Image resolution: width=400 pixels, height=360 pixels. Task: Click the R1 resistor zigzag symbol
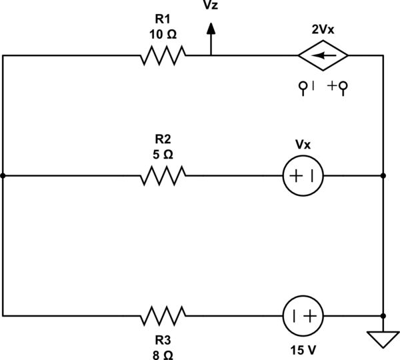click(x=163, y=56)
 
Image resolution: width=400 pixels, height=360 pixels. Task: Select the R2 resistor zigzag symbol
click(x=163, y=176)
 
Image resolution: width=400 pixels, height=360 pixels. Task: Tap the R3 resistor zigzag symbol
click(x=163, y=315)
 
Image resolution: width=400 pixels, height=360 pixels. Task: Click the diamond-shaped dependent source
click(x=323, y=56)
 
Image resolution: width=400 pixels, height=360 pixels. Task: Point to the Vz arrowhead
click(x=211, y=28)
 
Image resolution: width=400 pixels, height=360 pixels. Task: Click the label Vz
click(x=211, y=7)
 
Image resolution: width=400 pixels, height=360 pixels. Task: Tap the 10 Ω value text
click(x=163, y=34)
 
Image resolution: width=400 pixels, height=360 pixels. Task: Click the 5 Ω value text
click(x=163, y=154)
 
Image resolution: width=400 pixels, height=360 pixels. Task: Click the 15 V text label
click(x=304, y=349)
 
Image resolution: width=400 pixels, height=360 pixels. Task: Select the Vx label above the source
click(x=304, y=145)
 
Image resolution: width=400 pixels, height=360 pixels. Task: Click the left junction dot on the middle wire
click(x=3, y=176)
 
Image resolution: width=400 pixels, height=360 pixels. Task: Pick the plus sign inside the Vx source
click(x=297, y=176)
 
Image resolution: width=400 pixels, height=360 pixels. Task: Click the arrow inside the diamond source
click(x=323, y=56)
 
